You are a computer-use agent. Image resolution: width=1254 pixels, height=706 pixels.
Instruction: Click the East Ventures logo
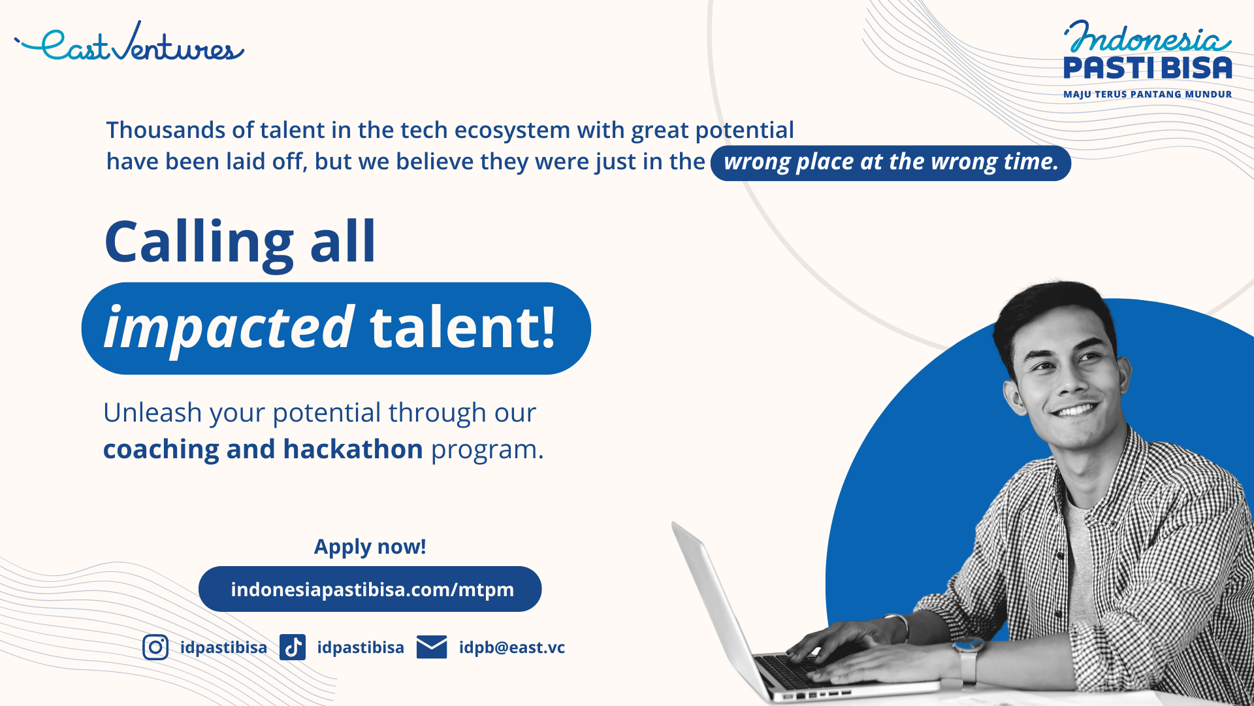click(x=129, y=42)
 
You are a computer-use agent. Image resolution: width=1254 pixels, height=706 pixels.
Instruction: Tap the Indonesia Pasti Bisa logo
click(x=1148, y=59)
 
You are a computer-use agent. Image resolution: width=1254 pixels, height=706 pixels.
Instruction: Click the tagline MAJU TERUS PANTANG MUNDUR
click(x=1148, y=94)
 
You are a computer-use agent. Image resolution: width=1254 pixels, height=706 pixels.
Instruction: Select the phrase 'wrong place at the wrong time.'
click(x=891, y=162)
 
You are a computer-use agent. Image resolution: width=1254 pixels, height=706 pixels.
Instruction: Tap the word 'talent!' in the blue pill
click(x=462, y=327)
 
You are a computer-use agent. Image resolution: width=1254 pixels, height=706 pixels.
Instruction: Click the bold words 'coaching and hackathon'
click(x=263, y=450)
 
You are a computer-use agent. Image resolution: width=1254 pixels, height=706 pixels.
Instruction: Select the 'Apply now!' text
click(x=370, y=546)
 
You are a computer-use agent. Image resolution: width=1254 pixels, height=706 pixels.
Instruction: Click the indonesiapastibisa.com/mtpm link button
click(x=370, y=589)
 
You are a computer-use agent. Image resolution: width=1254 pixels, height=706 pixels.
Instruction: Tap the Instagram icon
click(x=155, y=647)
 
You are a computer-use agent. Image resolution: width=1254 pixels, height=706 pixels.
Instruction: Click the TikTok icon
click(x=293, y=647)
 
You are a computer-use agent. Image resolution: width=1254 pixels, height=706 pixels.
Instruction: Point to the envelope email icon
click(x=432, y=647)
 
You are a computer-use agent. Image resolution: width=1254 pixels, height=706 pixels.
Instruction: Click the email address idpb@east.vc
click(x=512, y=647)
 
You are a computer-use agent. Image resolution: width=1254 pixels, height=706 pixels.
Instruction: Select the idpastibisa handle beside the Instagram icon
click(x=223, y=647)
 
